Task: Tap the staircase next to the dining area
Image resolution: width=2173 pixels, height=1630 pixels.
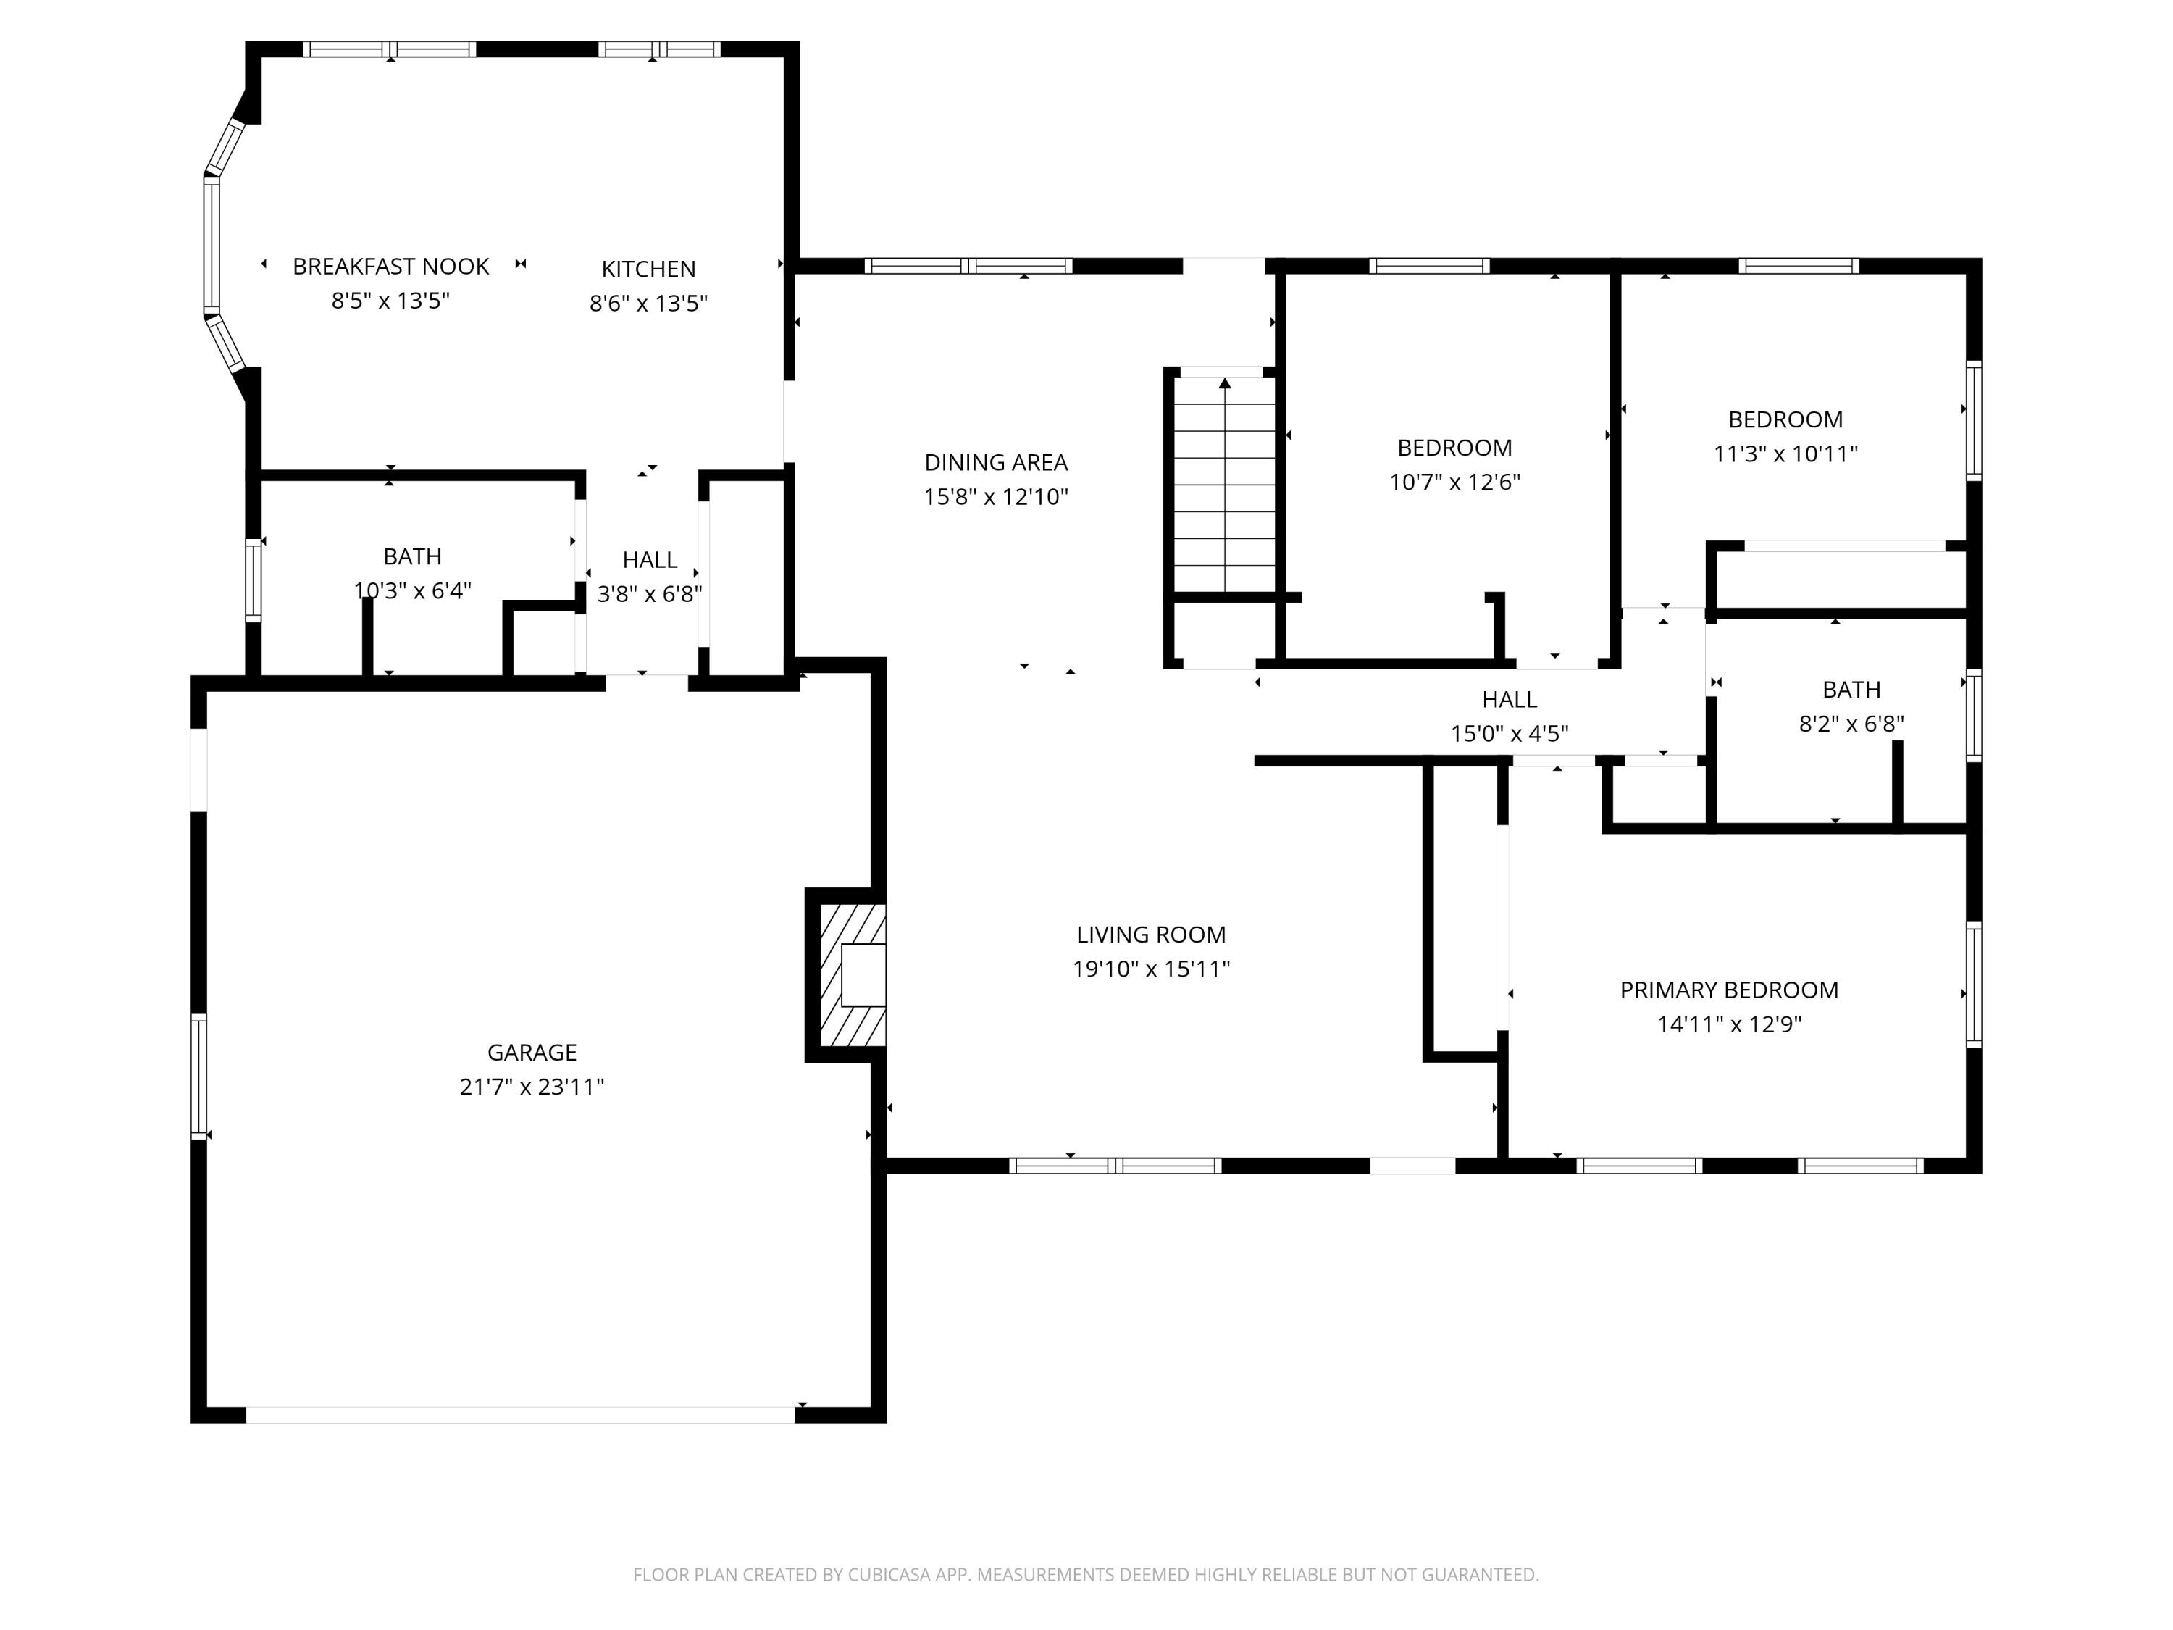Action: pyautogui.click(x=1224, y=486)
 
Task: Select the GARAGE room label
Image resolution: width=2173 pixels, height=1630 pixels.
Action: pyautogui.click(x=532, y=1053)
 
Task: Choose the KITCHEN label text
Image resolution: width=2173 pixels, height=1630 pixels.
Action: pyautogui.click(x=648, y=269)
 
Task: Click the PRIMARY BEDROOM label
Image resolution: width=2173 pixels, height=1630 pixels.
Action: pyautogui.click(x=1728, y=990)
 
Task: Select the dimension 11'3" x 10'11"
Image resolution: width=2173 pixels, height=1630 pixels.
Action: pyautogui.click(x=1785, y=454)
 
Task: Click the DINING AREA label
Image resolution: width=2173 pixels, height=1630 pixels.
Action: pyautogui.click(x=995, y=463)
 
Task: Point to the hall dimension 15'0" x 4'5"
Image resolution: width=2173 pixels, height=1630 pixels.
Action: pyautogui.click(x=1509, y=734)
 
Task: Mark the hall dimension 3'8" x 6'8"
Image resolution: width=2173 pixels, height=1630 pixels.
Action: pyautogui.click(x=649, y=595)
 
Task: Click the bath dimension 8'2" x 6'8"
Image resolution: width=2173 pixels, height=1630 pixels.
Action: pyautogui.click(x=1851, y=724)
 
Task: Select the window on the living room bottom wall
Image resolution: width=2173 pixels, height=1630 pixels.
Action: pyautogui.click(x=1115, y=1166)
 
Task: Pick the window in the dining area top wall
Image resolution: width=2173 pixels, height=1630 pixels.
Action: pyautogui.click(x=968, y=265)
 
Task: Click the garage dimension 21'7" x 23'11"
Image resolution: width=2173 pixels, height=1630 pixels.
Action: pyautogui.click(x=532, y=1087)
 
